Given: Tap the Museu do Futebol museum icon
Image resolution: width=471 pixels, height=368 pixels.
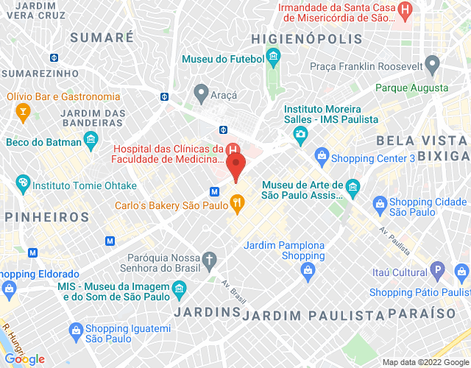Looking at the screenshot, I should pyautogui.click(x=274, y=57).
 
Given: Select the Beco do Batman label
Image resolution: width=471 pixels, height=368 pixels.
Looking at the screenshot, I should pyautogui.click(x=43, y=141).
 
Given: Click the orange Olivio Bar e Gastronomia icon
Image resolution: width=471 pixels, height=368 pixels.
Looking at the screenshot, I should pyautogui.click(x=23, y=111).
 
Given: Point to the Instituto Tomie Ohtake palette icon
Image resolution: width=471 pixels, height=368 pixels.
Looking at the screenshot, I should pyautogui.click(x=23, y=182).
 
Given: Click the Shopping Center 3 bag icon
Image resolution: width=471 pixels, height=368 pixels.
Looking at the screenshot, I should pyautogui.click(x=321, y=155).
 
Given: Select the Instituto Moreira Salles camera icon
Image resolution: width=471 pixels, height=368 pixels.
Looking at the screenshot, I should pyautogui.click(x=300, y=134).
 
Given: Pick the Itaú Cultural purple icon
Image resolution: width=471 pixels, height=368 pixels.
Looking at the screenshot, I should pyautogui.click(x=437, y=270).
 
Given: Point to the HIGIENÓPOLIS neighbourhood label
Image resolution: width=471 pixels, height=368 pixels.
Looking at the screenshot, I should pyautogui.click(x=306, y=38).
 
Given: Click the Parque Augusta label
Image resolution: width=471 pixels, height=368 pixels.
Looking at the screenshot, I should pyautogui.click(x=411, y=88).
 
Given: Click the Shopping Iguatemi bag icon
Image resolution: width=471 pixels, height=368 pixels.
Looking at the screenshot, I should pyautogui.click(x=74, y=330).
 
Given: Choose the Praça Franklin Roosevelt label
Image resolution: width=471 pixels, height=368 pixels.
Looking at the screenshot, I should pyautogui.click(x=366, y=67).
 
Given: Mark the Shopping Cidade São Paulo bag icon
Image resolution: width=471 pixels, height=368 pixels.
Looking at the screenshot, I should pyautogui.click(x=380, y=202).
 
